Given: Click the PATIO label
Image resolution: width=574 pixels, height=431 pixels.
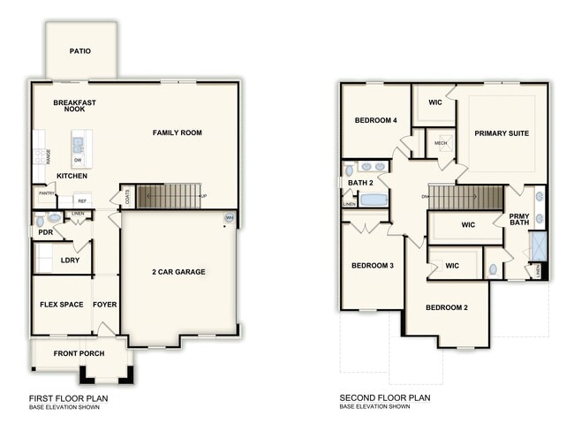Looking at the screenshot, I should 80,50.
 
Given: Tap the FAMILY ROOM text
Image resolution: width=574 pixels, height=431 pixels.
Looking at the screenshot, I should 177,132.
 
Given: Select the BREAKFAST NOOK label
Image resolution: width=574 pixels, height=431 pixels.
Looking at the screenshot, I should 74,106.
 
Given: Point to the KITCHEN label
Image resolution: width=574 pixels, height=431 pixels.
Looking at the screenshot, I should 72,176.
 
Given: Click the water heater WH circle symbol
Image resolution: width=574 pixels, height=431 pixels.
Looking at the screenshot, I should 229,217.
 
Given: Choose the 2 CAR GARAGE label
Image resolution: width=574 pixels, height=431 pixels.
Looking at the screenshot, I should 179,271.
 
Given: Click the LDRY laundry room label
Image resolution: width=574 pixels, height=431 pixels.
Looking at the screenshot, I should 70,260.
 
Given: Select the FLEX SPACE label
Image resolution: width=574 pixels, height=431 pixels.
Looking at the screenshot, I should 62,305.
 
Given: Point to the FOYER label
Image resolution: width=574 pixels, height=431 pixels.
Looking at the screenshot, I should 105,305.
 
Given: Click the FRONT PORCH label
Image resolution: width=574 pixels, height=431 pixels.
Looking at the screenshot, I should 79,353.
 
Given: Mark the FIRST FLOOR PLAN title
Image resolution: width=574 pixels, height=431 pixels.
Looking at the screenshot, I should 68,398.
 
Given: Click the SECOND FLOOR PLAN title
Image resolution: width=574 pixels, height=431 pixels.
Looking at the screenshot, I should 385,398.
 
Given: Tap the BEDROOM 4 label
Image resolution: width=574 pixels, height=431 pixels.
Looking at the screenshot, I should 376,120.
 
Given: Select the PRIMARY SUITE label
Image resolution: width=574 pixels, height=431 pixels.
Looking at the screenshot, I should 502,133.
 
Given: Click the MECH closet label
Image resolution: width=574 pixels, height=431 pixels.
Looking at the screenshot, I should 441,142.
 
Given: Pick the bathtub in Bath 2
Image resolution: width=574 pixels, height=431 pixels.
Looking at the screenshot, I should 374,200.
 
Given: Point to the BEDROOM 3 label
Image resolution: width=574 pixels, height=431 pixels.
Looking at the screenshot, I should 372,265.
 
